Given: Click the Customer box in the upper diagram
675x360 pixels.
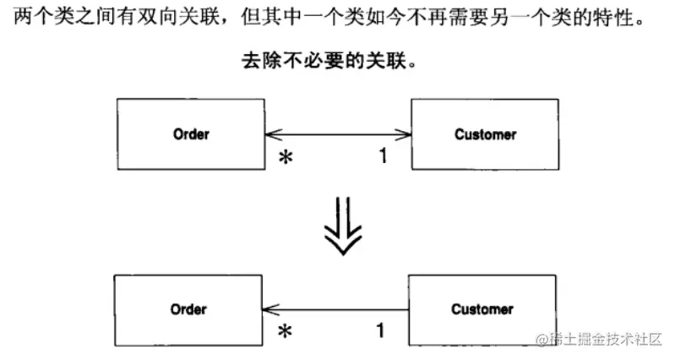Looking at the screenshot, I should click(x=484, y=134).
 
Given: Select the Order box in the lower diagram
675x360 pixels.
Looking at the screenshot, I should click(x=189, y=309).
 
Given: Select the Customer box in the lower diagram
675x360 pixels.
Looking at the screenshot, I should click(x=482, y=309).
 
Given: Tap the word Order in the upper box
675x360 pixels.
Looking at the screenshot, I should click(x=190, y=134).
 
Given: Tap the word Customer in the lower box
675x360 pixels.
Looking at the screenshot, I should click(x=482, y=309).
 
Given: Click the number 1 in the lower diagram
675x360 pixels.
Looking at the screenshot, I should click(x=380, y=330).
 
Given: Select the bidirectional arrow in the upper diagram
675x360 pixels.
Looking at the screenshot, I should click(x=337, y=134).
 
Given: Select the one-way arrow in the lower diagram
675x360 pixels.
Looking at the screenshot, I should click(x=338, y=309).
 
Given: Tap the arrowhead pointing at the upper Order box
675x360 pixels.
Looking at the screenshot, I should click(x=271, y=134).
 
